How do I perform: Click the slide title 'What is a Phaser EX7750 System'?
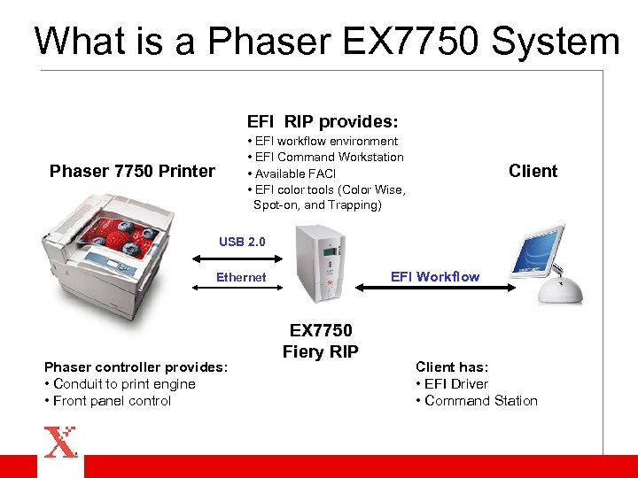(x=326, y=42)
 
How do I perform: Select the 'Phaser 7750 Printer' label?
(x=132, y=171)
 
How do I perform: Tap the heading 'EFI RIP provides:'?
(x=322, y=121)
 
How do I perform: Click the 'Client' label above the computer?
(x=533, y=171)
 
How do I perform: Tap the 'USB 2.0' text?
(x=242, y=242)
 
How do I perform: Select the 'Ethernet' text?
(x=241, y=277)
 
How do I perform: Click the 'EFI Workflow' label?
(x=435, y=276)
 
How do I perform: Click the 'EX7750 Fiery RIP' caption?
(x=321, y=341)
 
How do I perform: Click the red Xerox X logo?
(x=60, y=441)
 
